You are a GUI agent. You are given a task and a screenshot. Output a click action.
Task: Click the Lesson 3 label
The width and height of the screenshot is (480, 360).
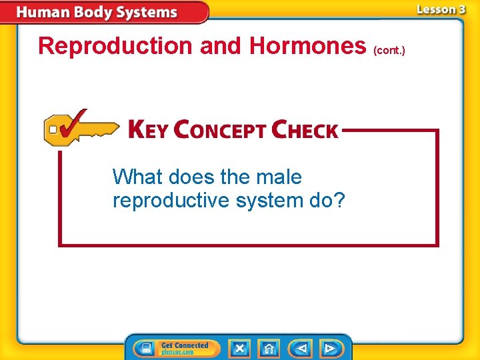441,9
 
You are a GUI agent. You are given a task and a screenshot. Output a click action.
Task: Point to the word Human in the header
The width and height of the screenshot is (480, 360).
41,13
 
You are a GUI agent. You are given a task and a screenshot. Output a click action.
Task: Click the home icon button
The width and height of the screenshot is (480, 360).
269,348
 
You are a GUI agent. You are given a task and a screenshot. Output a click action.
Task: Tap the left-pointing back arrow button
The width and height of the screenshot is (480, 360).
300,348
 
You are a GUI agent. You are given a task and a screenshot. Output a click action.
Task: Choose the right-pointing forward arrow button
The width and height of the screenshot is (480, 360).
331,348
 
